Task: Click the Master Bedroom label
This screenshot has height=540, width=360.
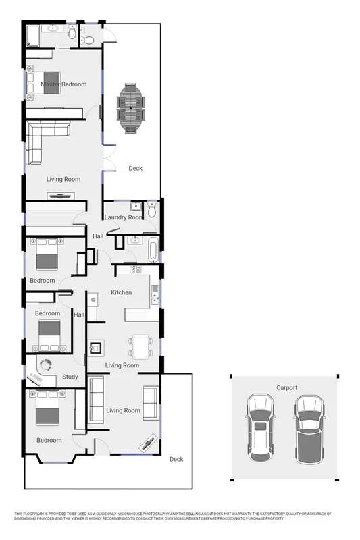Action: (x=63, y=84)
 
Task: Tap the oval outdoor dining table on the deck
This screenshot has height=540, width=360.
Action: (x=130, y=107)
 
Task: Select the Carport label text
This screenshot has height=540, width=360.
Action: (x=286, y=388)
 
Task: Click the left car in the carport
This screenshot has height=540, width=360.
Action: (x=259, y=427)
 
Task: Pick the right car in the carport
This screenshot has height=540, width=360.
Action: (x=308, y=427)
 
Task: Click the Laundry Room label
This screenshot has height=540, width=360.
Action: (x=124, y=217)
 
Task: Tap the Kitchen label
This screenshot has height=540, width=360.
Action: (x=122, y=292)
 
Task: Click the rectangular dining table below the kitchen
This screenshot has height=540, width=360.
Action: (x=141, y=347)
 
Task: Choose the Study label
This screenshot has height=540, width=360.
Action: (x=70, y=377)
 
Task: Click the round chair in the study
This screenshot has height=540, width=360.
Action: (x=47, y=366)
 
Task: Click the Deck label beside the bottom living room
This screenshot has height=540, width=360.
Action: (x=176, y=460)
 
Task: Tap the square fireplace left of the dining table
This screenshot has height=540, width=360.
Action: (x=97, y=348)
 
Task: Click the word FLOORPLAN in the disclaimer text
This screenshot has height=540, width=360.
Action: (x=39, y=514)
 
